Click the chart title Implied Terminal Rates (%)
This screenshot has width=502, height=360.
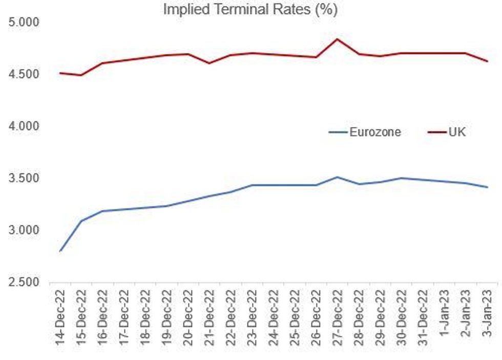tap(250, 10)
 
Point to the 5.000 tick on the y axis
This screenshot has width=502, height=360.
tap(25, 23)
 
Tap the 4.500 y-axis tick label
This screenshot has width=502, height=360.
tap(25, 75)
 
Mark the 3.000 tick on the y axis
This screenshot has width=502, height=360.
tap(25, 230)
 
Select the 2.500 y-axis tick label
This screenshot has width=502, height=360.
tap(25, 283)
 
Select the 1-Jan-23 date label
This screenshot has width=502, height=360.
tap(444, 313)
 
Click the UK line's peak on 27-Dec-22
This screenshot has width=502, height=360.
tap(337, 39)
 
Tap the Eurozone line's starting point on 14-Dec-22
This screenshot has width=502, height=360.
tap(60, 251)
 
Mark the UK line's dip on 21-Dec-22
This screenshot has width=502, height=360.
tap(209, 63)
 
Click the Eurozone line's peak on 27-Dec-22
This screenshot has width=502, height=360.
tap(337, 177)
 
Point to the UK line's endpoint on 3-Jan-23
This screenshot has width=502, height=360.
tap(487, 61)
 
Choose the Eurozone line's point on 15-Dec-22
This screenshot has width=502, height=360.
tap(81, 221)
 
